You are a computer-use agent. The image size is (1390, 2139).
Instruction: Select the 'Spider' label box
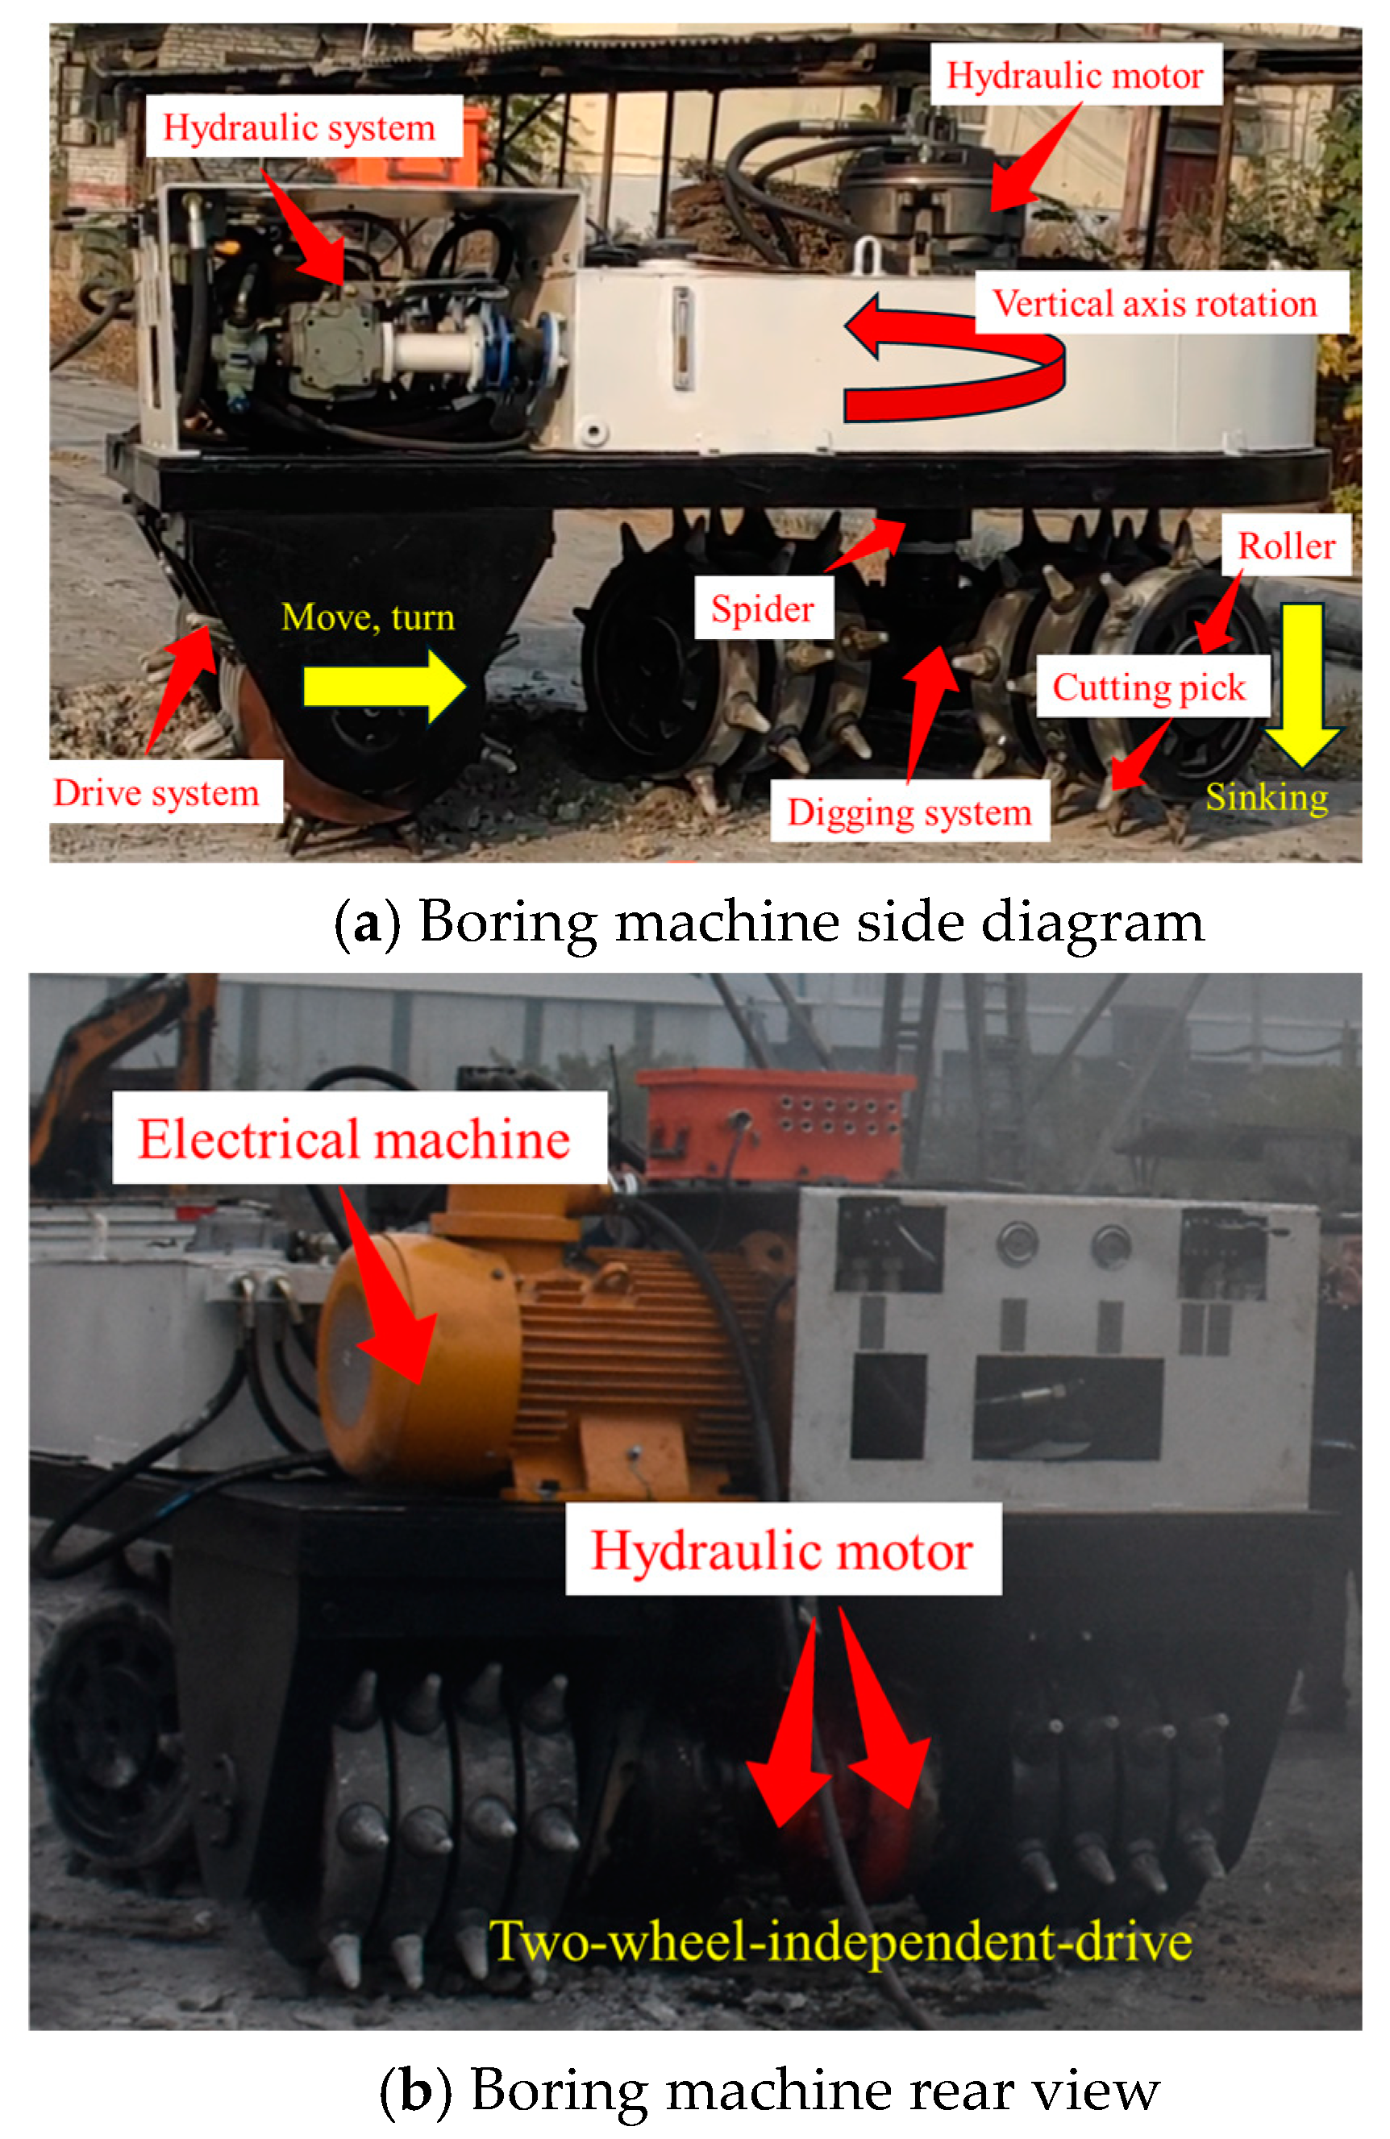click(764, 608)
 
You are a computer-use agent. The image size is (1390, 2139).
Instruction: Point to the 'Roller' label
click(1287, 546)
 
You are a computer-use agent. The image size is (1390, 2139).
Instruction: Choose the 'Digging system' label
click(910, 811)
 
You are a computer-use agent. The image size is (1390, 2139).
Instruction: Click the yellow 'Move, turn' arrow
click(385, 687)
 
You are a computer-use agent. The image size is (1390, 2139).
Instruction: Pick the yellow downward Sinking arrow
click(1302, 685)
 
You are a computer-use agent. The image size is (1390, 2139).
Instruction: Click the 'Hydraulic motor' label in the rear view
click(783, 1551)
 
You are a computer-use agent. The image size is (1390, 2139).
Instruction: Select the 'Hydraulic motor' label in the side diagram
click(1076, 75)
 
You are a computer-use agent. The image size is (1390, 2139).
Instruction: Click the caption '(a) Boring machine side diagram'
click(768, 921)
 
